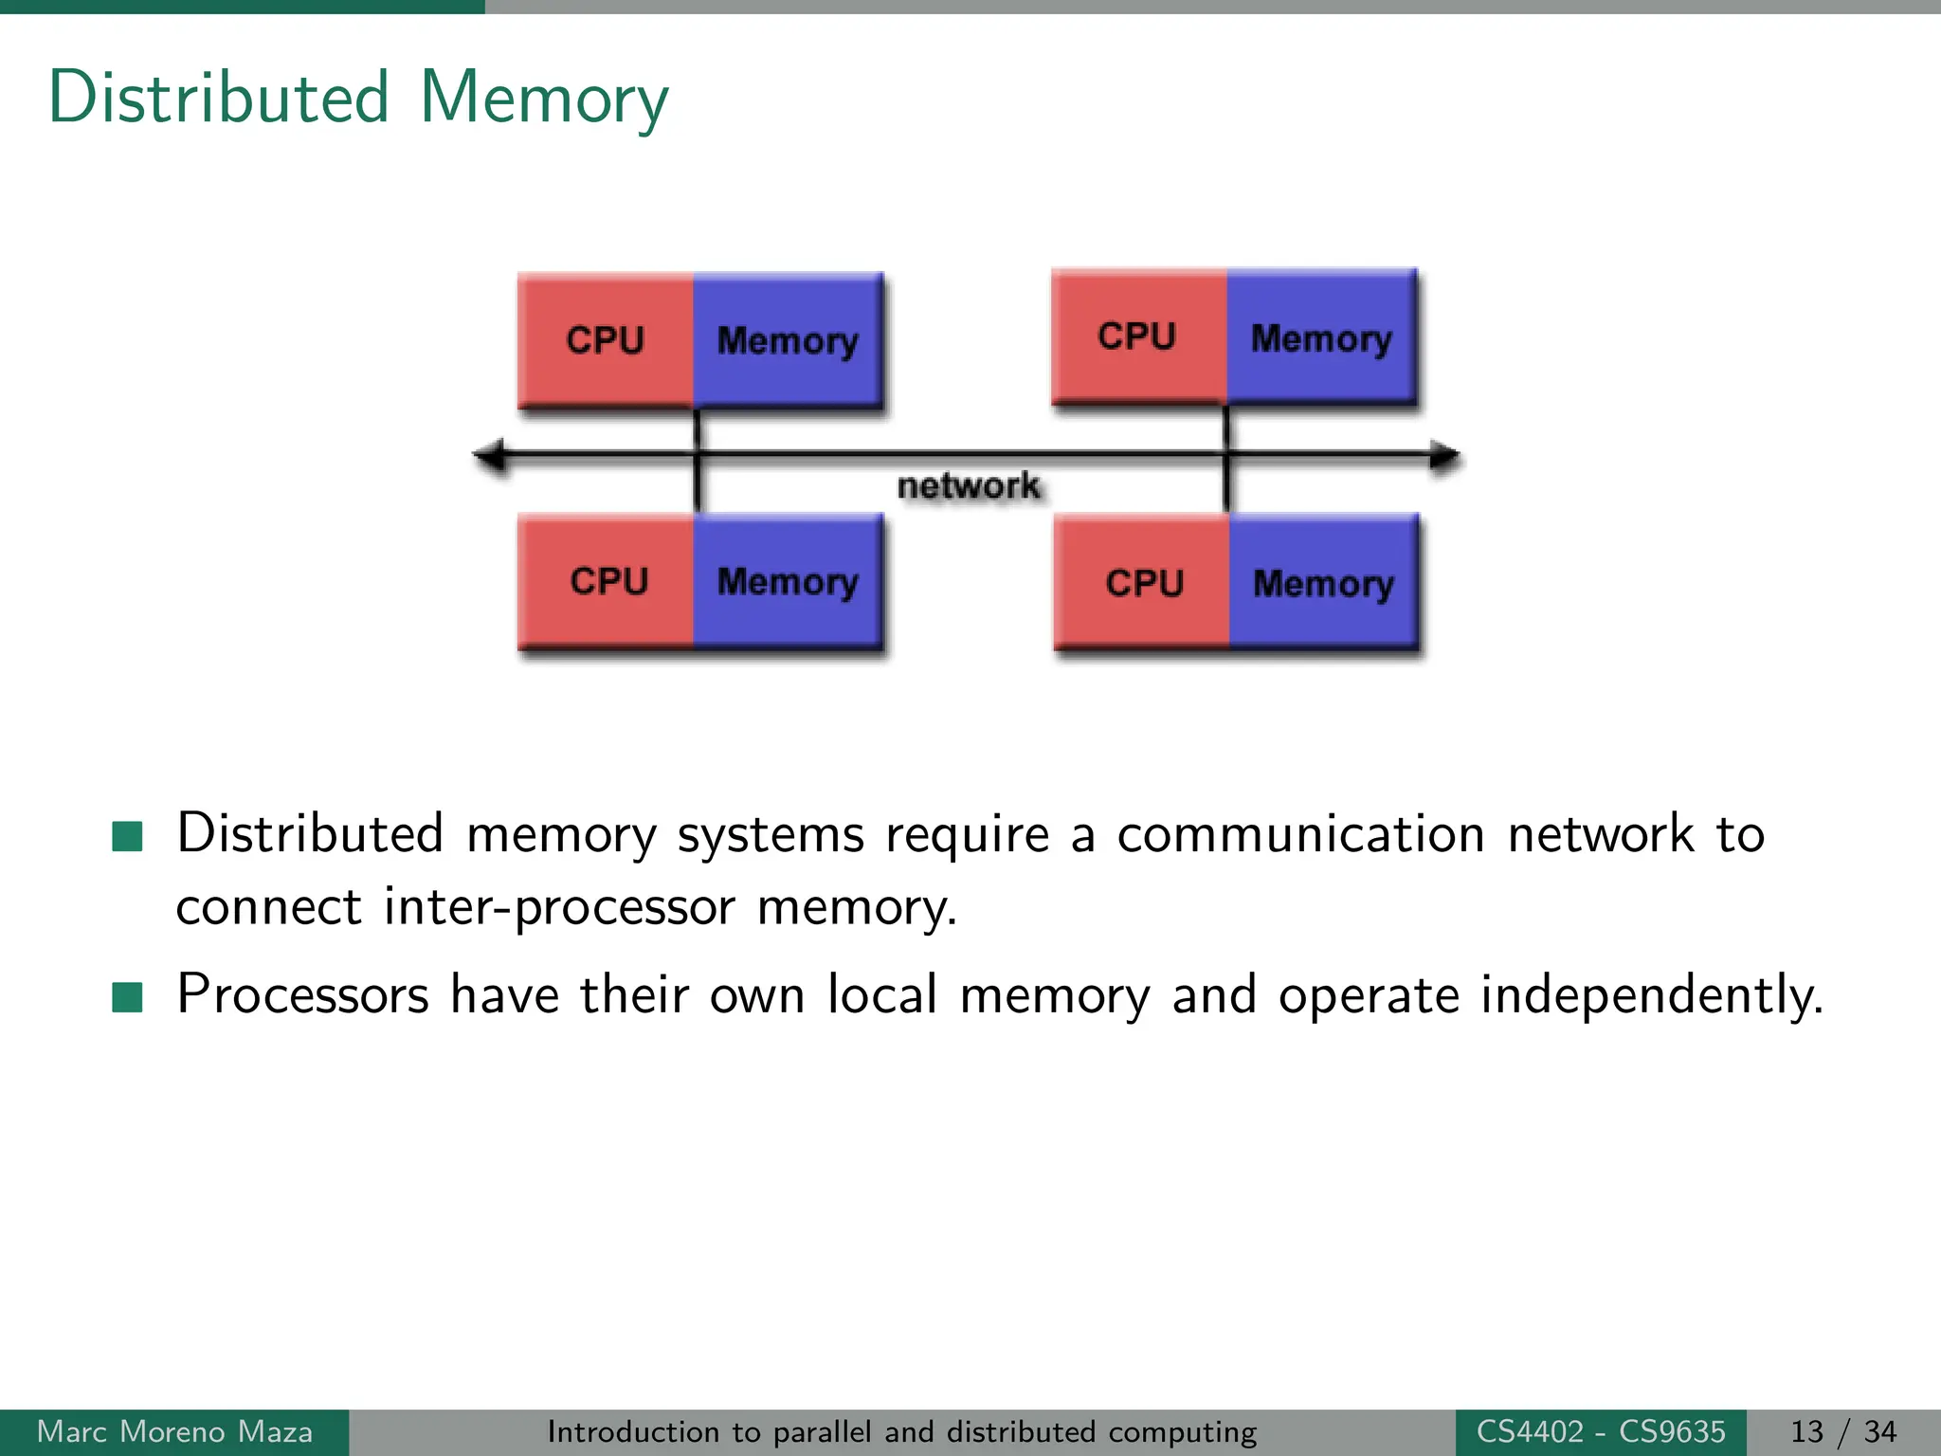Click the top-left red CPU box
click(x=606, y=339)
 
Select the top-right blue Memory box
click(x=1321, y=337)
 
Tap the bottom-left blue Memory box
click(x=788, y=581)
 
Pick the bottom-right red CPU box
click(x=1143, y=583)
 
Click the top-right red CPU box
click(x=1138, y=337)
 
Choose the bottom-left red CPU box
click(x=608, y=581)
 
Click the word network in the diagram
click(x=969, y=486)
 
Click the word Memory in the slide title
click(x=544, y=99)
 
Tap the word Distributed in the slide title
click(x=219, y=97)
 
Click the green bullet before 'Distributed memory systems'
click(x=127, y=836)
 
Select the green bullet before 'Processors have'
click(x=127, y=997)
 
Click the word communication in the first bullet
click(x=1300, y=835)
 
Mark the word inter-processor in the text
click(x=559, y=907)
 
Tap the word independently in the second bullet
click(x=1651, y=996)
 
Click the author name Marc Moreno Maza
click(x=174, y=1431)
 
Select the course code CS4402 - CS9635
click(x=1601, y=1431)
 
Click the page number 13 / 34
click(x=1842, y=1431)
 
